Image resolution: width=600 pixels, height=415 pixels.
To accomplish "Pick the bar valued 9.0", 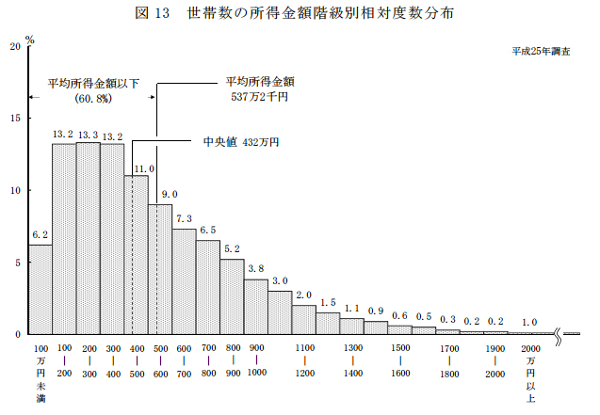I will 159,269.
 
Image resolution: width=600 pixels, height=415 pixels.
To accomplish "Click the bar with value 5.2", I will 232,296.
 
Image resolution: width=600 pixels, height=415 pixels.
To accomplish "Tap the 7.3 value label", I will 184,218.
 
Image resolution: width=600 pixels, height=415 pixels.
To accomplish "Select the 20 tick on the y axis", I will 13,46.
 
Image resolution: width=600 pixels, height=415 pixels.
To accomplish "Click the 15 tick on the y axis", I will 13,119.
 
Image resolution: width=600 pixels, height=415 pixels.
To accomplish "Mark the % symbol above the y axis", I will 30,40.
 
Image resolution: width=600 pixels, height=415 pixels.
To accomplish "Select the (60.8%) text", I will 93,97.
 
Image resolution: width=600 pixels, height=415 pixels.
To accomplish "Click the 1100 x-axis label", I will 304,348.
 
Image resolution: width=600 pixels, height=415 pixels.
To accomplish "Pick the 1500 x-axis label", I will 400,348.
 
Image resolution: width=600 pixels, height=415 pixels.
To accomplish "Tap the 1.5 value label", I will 328,302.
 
